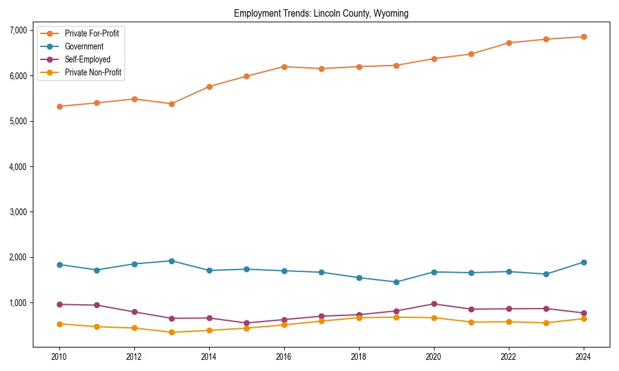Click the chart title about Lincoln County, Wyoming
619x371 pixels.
321,14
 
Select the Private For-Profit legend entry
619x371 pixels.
92,33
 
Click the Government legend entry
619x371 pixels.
84,46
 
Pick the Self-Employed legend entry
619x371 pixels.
87,60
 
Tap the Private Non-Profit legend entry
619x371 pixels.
93,73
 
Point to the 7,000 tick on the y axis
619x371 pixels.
18,30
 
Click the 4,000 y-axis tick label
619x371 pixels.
18,166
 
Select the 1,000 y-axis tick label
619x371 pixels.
18,302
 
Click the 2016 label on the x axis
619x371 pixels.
284,357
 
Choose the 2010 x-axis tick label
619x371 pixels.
59,357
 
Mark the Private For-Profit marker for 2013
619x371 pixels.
171,104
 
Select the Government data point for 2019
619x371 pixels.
396,282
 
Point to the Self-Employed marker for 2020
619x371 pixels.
434,304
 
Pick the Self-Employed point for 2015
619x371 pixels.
246,323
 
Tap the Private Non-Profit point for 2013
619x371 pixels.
171,332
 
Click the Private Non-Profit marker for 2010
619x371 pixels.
59,323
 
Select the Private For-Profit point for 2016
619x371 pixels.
284,66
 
